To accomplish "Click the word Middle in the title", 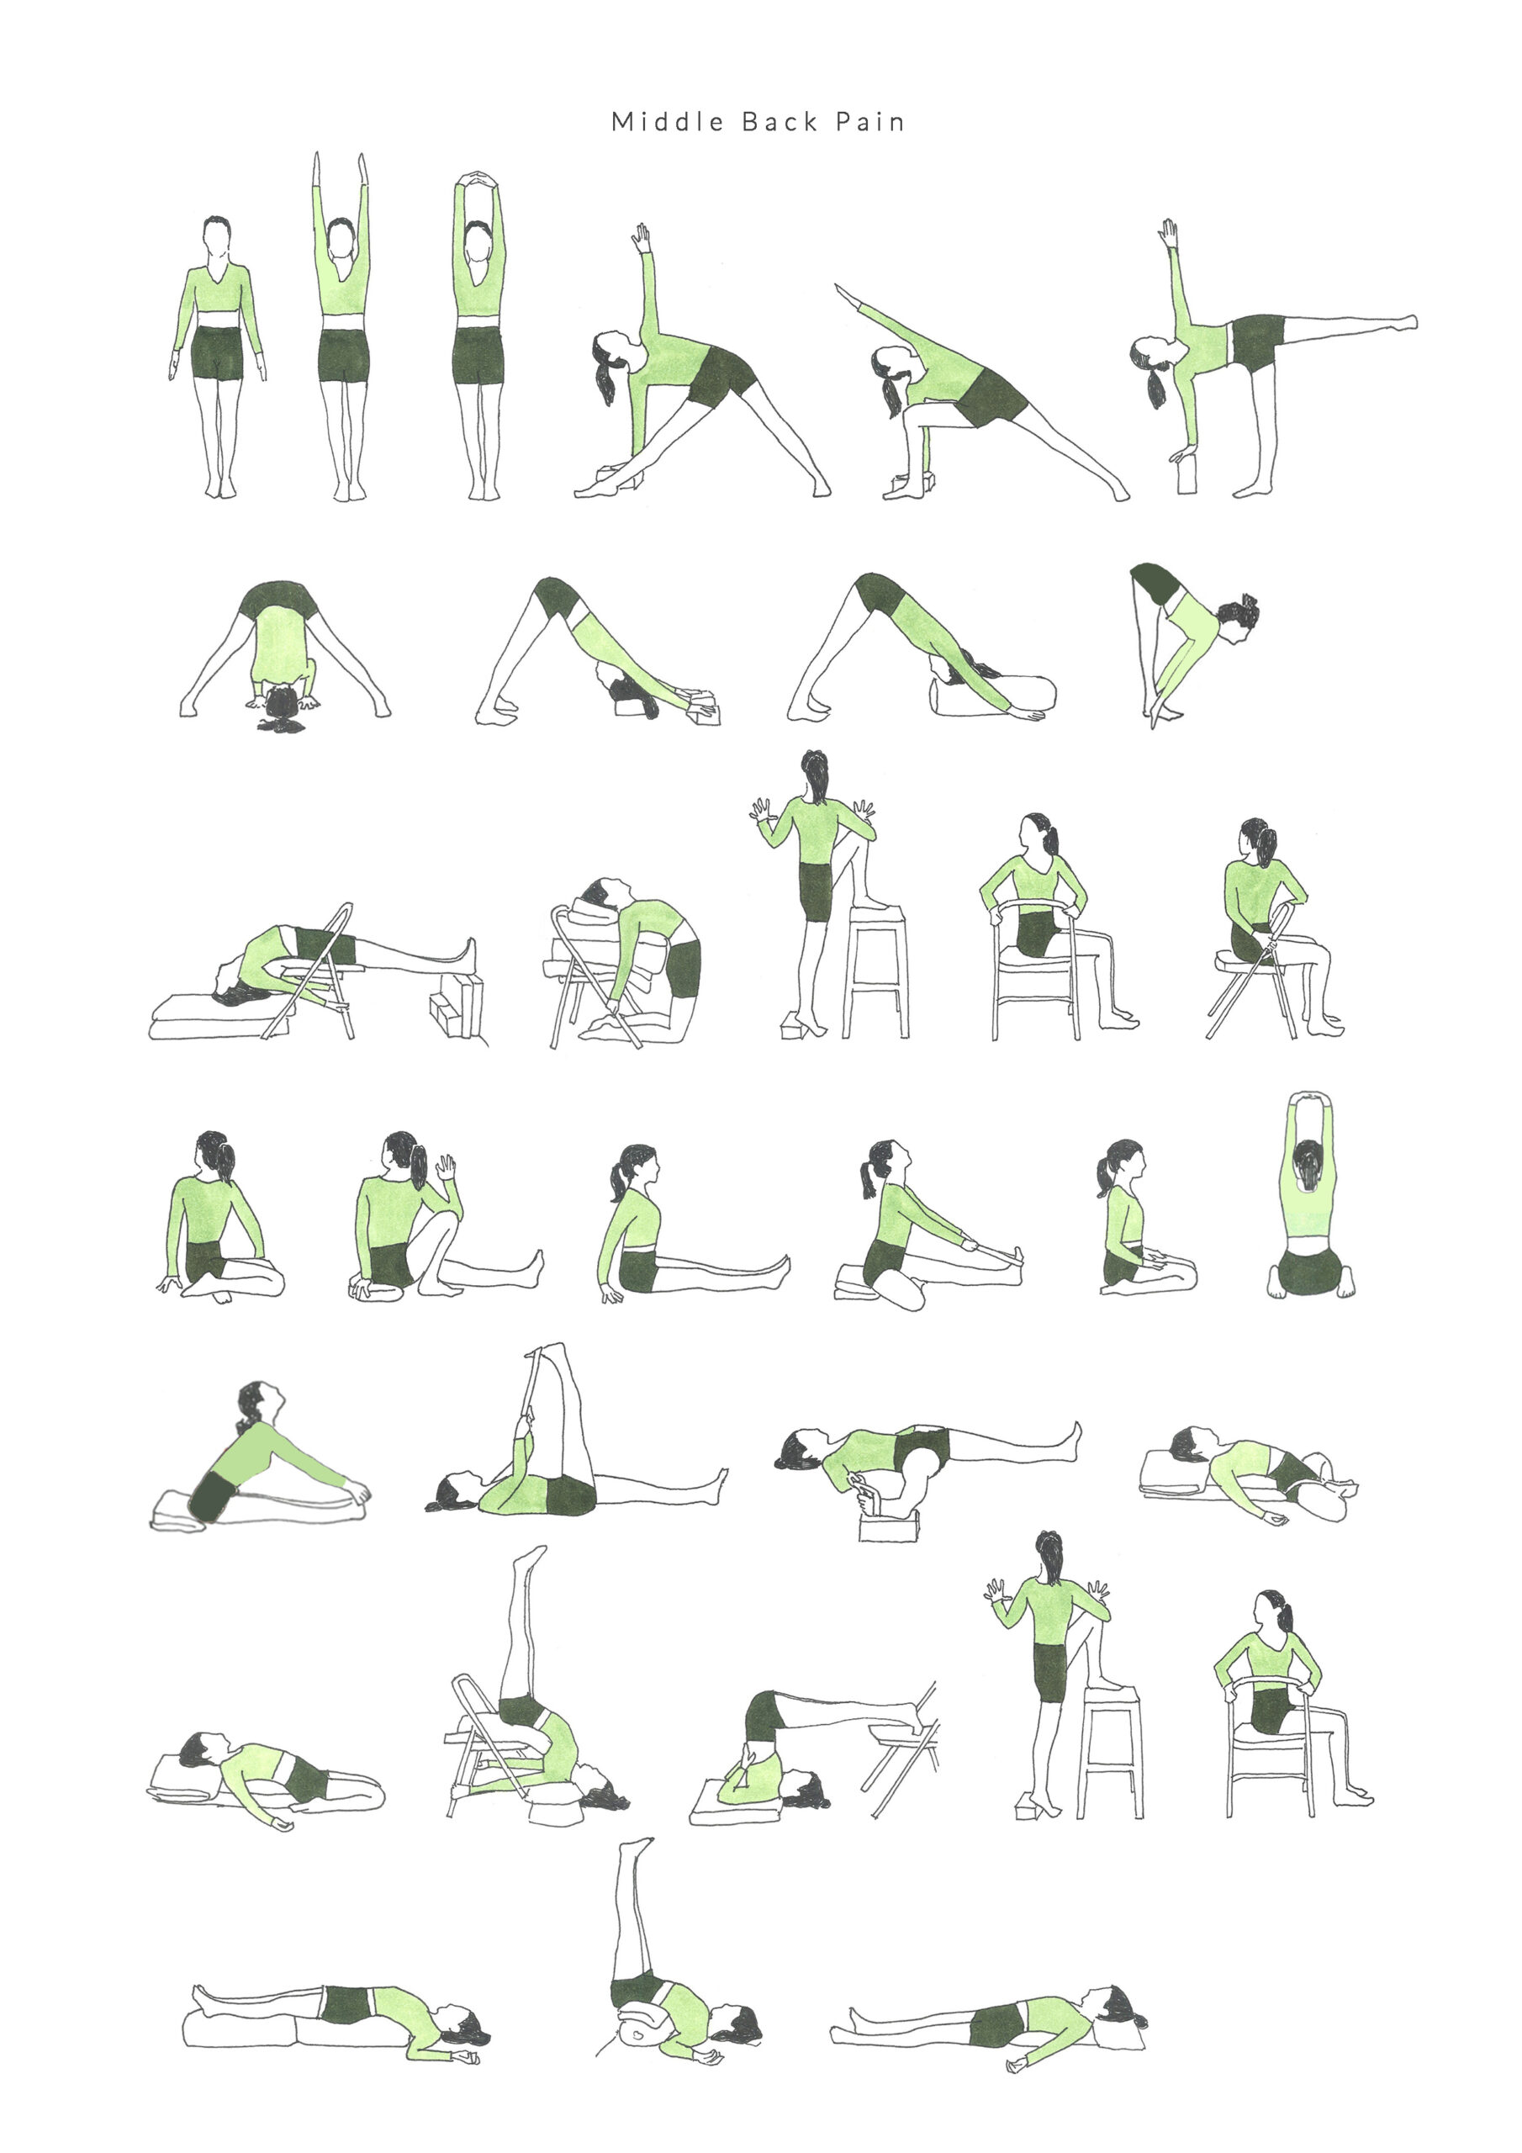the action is tap(668, 122).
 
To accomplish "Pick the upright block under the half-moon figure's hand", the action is tap(1187, 475).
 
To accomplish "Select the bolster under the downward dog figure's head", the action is tap(991, 696).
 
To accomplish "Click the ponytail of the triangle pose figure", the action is tap(605, 381).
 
